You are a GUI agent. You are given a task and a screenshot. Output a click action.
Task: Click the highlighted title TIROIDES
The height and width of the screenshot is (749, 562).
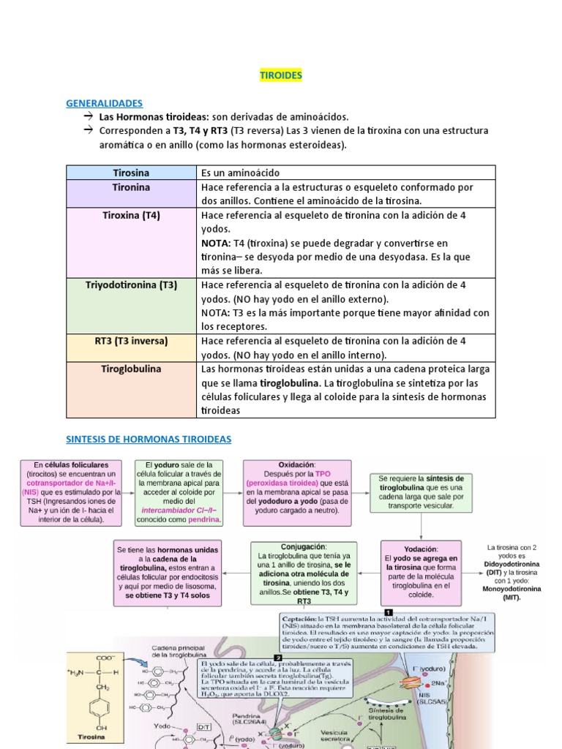tap(281, 75)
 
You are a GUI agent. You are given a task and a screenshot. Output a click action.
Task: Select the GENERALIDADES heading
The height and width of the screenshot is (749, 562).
tap(104, 103)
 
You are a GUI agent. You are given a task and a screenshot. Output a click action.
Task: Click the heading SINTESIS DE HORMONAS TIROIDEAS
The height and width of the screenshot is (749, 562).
tap(149, 439)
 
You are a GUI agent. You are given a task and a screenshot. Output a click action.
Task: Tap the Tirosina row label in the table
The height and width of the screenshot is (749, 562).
tap(131, 173)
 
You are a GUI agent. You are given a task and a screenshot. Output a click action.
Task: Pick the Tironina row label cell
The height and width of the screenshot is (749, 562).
tap(131, 187)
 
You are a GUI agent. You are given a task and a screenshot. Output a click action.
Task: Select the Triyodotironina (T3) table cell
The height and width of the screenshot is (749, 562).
tap(131, 285)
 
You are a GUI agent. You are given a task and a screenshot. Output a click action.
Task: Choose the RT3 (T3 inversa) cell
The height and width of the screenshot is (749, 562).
tap(131, 341)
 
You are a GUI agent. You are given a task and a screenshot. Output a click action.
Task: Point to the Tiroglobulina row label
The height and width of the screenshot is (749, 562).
tap(131, 369)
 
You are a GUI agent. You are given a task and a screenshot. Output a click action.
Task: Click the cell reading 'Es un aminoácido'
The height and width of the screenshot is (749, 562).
tap(240, 173)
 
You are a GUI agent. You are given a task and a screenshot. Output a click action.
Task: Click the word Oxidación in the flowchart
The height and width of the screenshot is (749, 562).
tap(296, 464)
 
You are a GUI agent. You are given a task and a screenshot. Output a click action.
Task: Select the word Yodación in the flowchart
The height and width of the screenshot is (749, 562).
tap(421, 549)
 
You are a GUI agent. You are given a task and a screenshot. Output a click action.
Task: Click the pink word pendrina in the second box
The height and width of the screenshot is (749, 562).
tap(204, 519)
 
